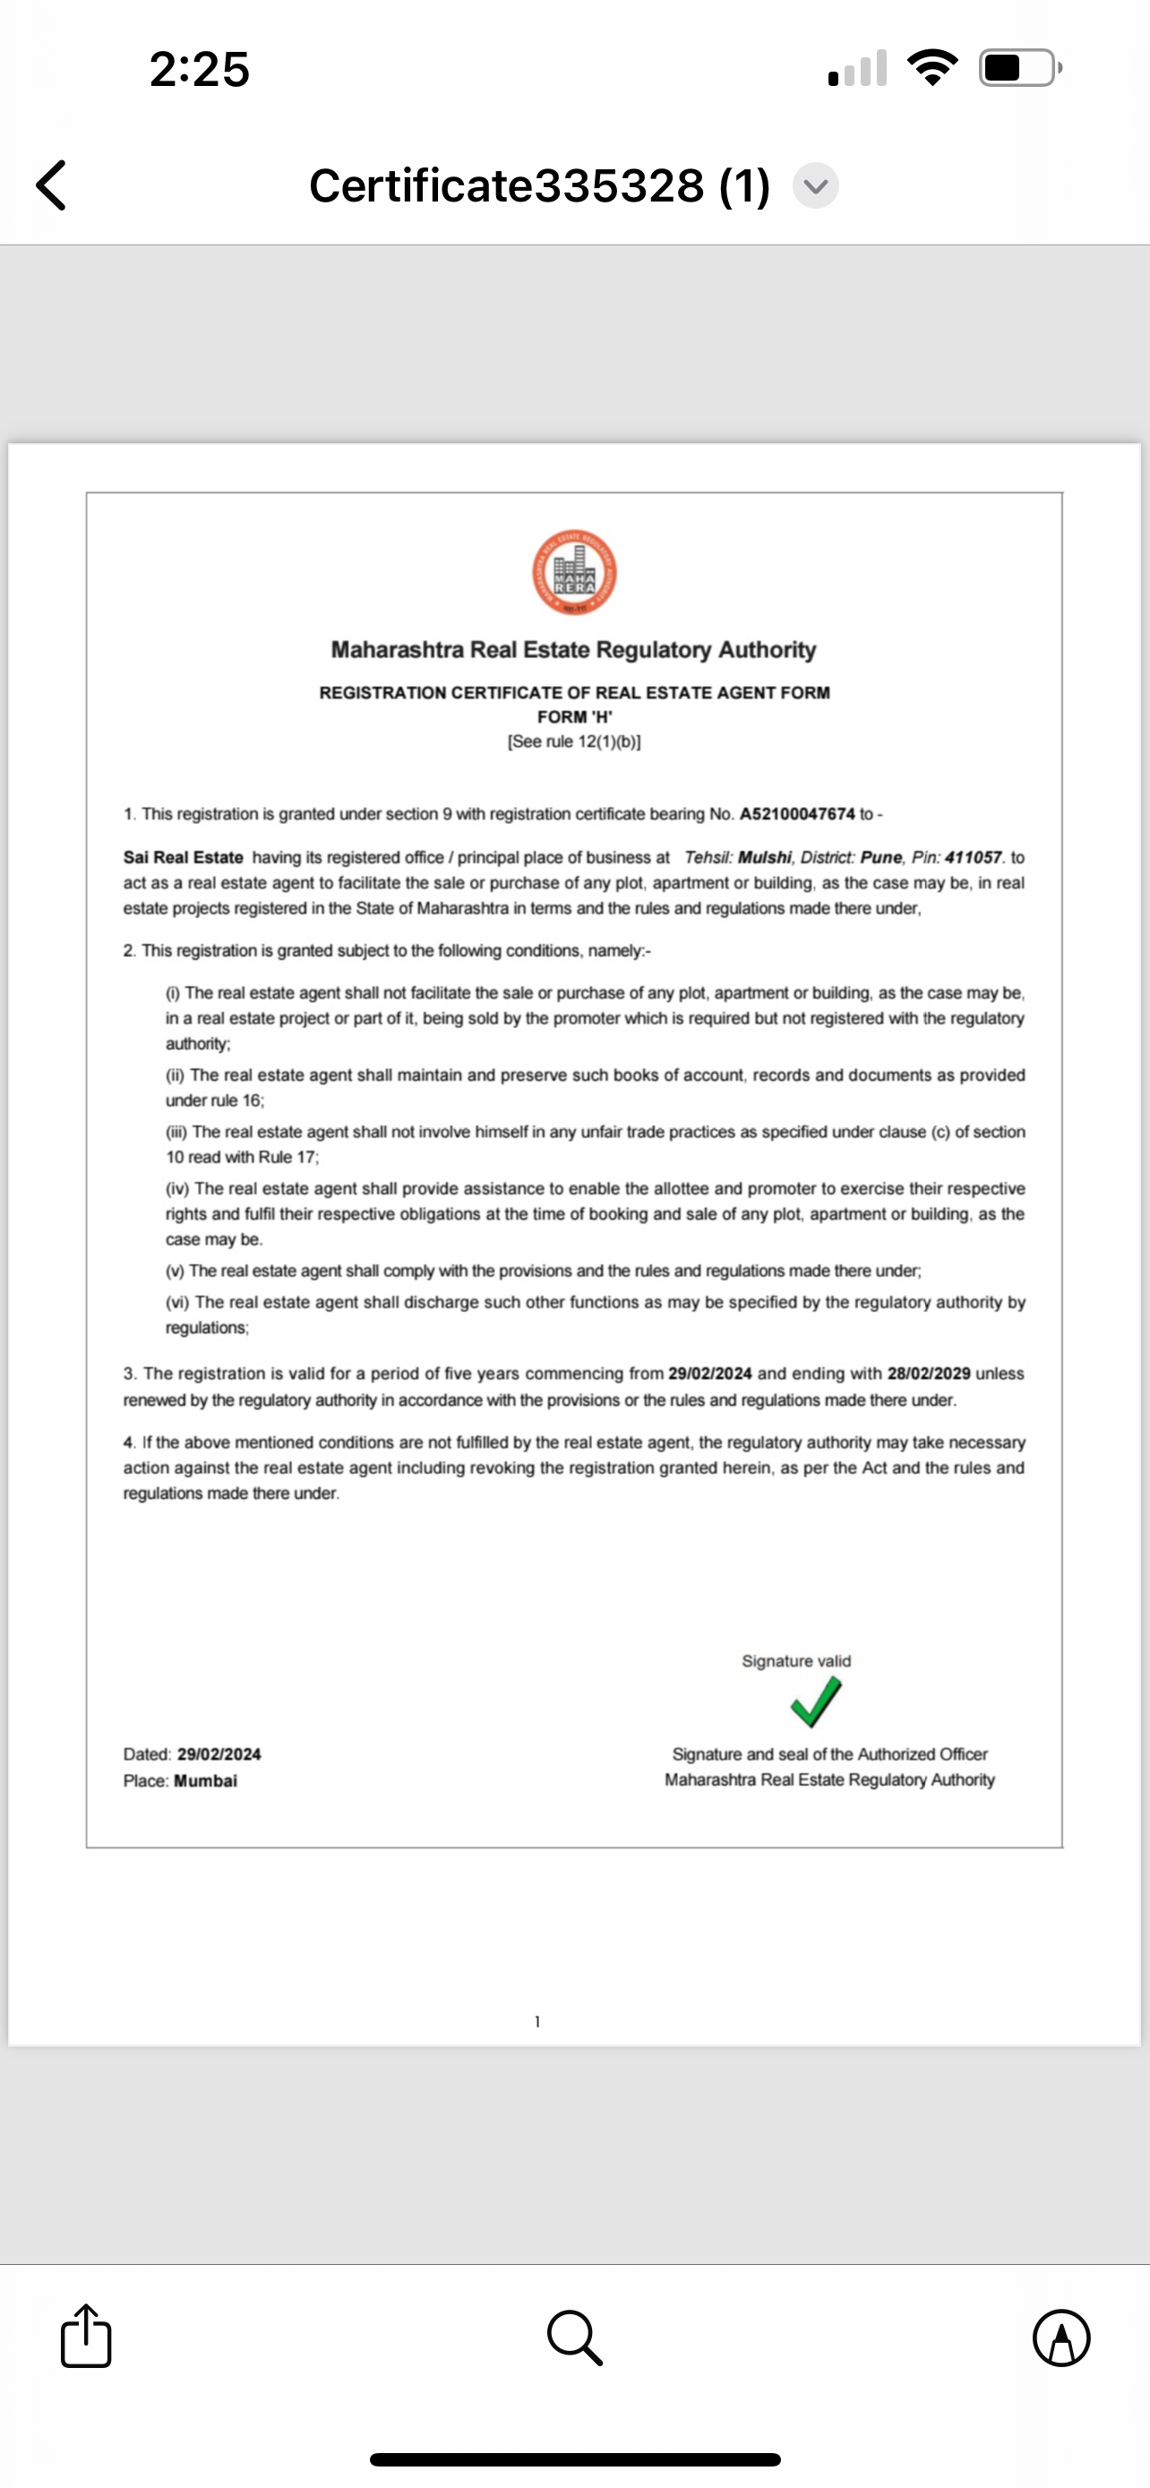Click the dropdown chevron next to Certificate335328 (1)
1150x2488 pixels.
[816, 185]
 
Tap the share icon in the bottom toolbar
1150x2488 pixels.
[86, 2337]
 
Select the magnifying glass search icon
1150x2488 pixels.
[574, 2338]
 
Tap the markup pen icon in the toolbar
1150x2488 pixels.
[1061, 2338]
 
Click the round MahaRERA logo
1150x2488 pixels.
[574, 573]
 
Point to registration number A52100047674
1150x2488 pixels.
[796, 813]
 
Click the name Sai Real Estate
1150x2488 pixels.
[184, 857]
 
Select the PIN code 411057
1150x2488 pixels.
[973, 857]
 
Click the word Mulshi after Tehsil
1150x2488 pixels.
[765, 857]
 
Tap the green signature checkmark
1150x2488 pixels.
[816, 1702]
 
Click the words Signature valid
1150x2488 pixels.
[796, 1660]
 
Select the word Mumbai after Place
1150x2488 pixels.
[206, 1780]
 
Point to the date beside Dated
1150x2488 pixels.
[219, 1753]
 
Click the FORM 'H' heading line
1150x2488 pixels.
[574, 716]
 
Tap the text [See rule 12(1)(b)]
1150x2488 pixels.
[574, 741]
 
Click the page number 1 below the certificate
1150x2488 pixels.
[537, 2020]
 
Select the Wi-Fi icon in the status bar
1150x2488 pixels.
[932, 67]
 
